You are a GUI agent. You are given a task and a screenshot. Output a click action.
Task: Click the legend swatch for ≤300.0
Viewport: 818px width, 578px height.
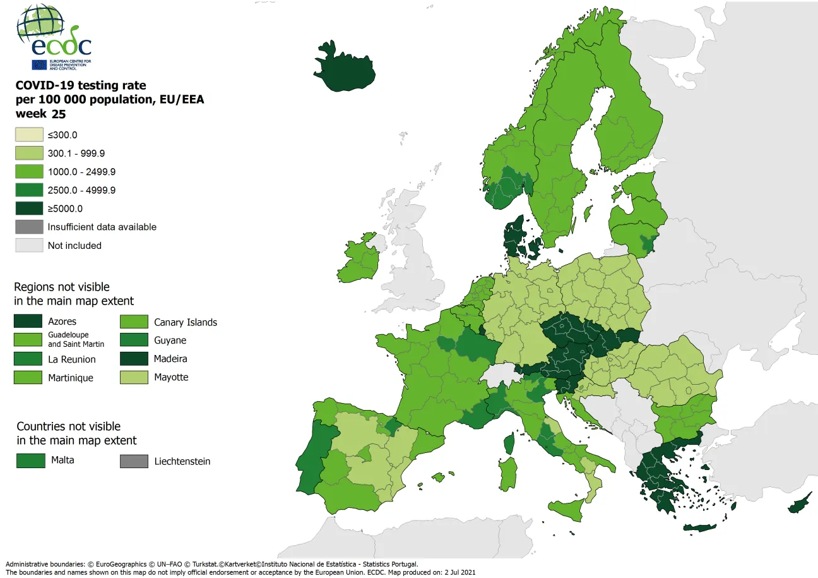pos(29,135)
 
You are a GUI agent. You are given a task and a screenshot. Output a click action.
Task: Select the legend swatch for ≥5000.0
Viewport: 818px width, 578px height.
pos(29,208)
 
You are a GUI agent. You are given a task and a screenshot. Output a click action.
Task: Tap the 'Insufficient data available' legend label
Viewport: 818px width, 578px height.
pos(102,227)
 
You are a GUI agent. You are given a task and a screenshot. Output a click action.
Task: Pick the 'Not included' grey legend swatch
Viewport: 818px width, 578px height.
pos(29,245)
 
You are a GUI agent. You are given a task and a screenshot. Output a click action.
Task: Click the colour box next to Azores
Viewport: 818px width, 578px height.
pos(28,322)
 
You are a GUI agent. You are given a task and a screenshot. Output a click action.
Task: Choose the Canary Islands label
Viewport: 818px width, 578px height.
pos(186,322)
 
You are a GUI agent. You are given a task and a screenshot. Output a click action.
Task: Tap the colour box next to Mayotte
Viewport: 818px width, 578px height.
pos(134,377)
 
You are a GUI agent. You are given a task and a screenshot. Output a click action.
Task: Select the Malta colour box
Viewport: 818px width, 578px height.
pos(30,461)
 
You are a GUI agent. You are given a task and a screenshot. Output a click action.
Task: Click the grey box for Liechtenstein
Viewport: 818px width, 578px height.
pos(134,461)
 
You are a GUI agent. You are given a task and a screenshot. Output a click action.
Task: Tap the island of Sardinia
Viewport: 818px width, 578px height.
pos(507,474)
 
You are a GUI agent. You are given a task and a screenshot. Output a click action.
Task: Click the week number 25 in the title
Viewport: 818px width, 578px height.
pos(59,114)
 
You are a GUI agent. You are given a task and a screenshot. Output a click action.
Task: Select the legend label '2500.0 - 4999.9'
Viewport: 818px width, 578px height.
pos(81,190)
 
